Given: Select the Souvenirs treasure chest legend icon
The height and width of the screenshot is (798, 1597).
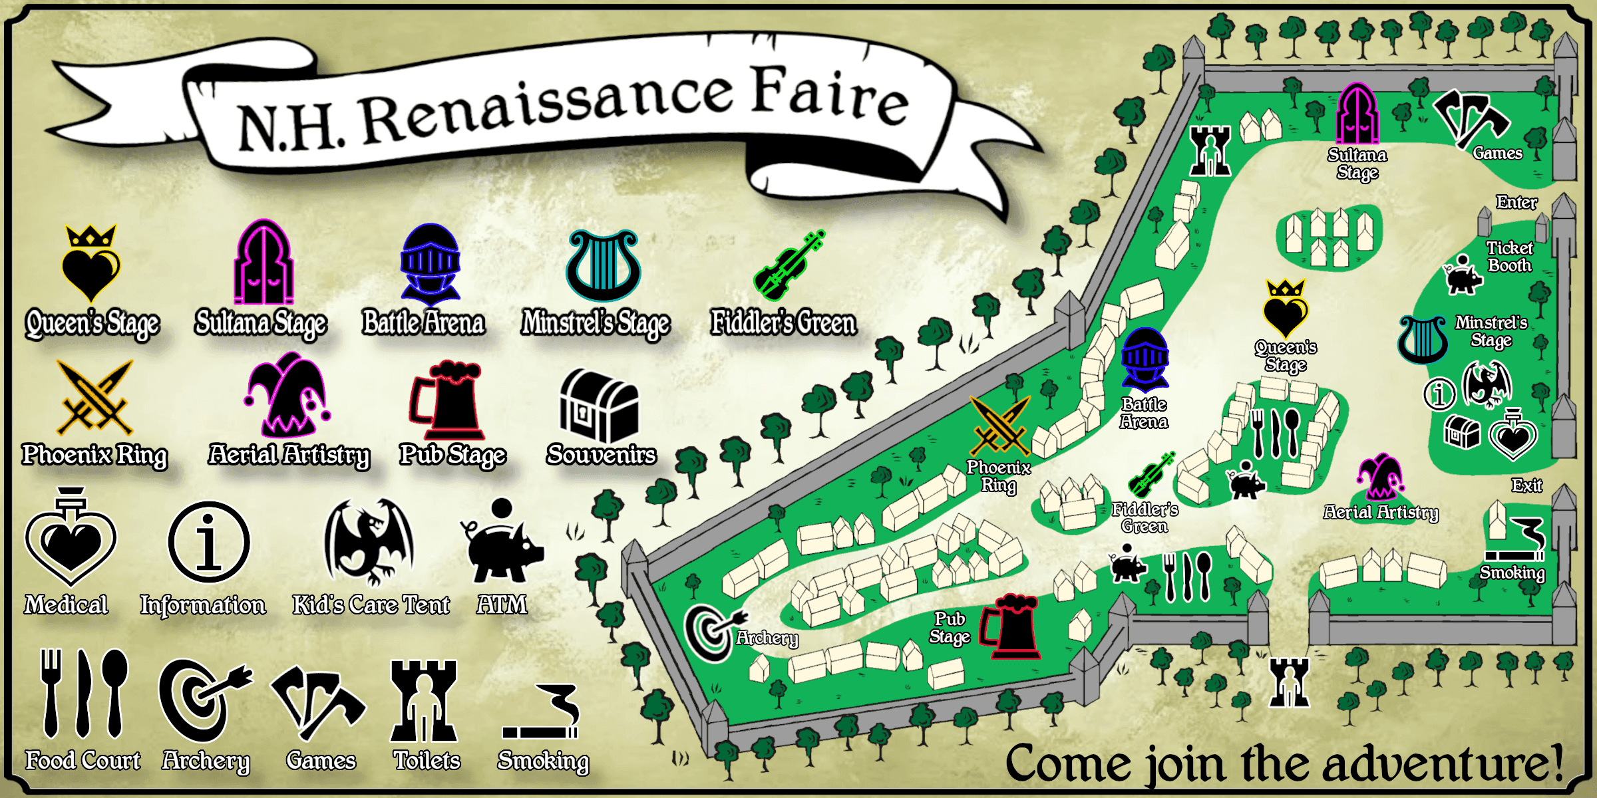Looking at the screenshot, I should (599, 406).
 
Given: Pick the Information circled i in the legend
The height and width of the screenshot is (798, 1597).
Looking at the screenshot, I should (208, 543).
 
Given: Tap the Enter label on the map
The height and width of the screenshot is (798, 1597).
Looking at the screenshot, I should (1516, 202).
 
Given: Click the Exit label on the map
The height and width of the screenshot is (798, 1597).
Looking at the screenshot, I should (1526, 485).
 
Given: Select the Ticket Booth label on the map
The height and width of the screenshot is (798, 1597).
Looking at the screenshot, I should (1509, 257).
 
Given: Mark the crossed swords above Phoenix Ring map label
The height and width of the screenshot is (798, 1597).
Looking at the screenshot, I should (1000, 426).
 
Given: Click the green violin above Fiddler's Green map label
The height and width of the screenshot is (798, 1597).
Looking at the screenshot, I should (1151, 475).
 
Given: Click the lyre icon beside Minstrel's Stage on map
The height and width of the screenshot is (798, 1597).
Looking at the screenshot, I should (1422, 339).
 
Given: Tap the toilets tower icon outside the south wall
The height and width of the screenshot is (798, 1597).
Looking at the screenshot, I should (1289, 682).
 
